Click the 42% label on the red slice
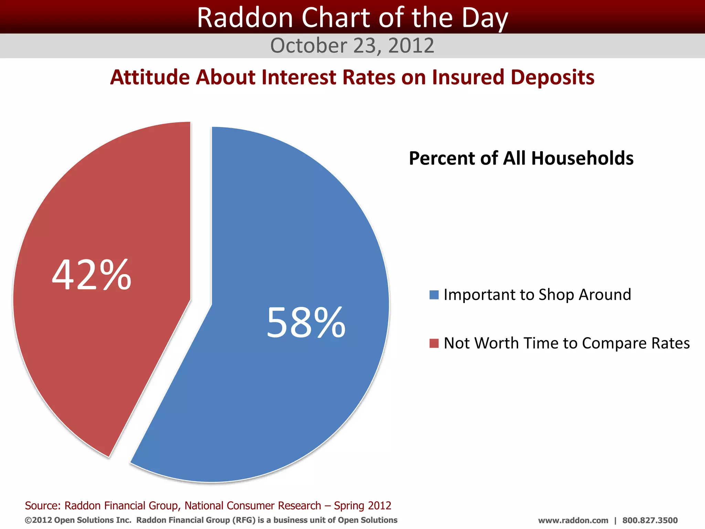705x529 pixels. point(92,275)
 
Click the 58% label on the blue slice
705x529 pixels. point(306,323)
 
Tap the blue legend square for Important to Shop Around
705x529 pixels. point(434,295)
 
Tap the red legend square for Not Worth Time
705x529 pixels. point(434,343)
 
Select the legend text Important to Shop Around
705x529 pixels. point(537,295)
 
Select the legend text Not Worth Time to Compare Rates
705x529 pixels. point(567,343)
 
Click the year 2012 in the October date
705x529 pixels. point(411,45)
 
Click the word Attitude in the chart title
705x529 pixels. point(149,77)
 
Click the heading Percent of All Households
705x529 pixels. point(521,158)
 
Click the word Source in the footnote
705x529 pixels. point(42,506)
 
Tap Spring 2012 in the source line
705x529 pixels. point(362,506)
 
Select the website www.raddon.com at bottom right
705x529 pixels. point(573,520)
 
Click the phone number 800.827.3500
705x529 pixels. point(650,520)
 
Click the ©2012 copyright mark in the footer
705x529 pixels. point(38,520)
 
